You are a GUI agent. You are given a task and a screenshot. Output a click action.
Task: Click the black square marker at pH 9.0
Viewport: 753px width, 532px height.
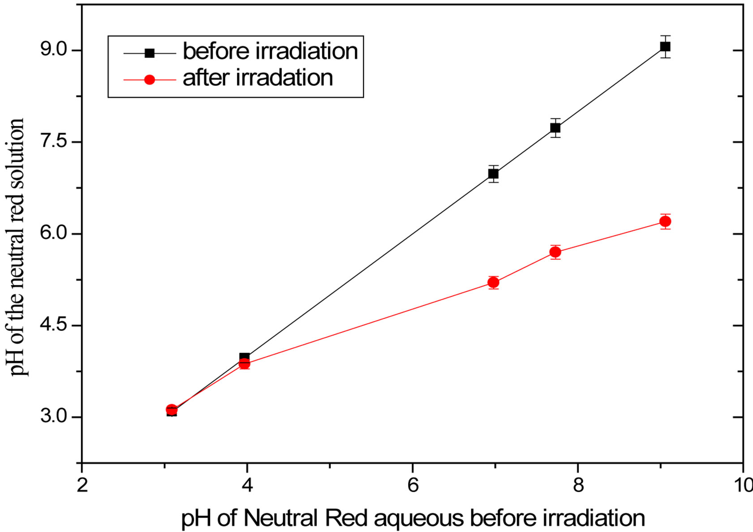tap(665, 47)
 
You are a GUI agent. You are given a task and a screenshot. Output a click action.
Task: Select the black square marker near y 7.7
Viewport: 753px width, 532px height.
tap(555, 128)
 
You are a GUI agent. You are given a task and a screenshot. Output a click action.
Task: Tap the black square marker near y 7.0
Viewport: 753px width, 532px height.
tap(493, 174)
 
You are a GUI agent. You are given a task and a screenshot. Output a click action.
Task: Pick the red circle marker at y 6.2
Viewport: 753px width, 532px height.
tap(665, 221)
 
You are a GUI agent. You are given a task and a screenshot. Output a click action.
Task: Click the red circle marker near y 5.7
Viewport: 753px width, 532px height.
tap(555, 252)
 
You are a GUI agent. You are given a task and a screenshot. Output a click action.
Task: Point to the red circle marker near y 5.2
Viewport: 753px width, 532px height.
tap(493, 282)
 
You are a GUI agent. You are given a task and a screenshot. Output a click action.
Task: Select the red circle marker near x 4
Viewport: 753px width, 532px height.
tap(244, 364)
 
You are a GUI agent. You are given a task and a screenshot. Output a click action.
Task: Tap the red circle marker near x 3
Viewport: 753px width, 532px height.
tap(172, 410)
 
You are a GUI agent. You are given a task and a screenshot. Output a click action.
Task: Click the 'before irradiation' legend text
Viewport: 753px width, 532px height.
tap(270, 51)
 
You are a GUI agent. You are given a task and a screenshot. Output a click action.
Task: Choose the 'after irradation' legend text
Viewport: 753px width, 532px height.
tap(258, 78)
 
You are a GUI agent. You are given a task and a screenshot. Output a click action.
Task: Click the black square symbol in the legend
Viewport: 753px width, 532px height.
tap(150, 53)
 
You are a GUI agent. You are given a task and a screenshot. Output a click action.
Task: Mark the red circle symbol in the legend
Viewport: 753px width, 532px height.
tap(150, 80)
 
